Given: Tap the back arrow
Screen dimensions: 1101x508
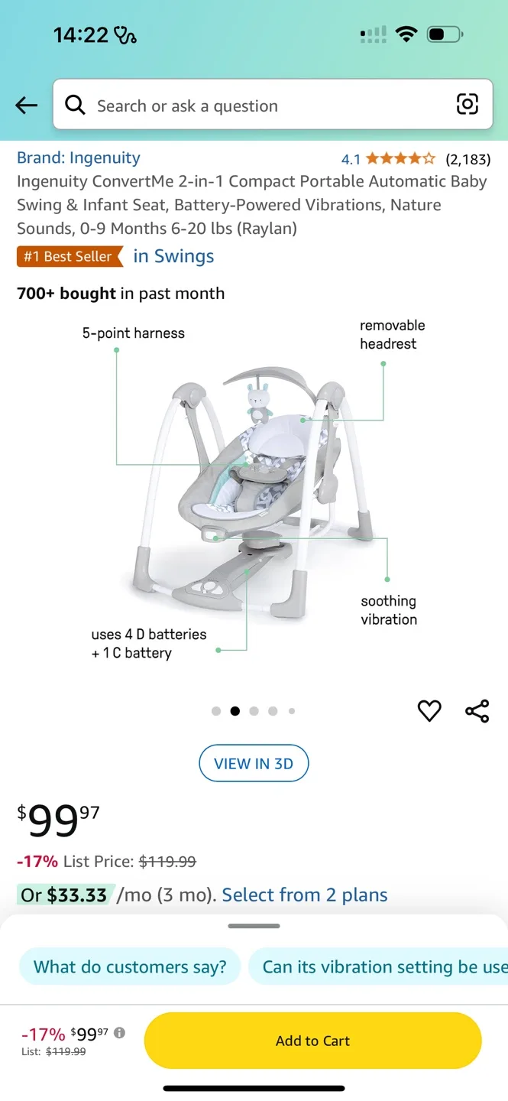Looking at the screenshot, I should (x=26, y=106).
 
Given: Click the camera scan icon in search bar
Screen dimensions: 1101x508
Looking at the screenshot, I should (x=467, y=104).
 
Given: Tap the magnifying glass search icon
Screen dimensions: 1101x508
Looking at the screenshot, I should (x=75, y=105).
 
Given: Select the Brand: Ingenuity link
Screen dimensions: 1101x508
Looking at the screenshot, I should (x=79, y=158).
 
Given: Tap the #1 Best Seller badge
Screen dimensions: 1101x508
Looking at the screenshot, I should (x=69, y=256).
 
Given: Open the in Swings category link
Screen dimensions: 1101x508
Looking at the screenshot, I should (x=173, y=256).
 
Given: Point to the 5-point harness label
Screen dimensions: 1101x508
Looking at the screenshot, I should (x=134, y=333).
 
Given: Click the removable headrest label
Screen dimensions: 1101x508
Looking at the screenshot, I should (x=392, y=334).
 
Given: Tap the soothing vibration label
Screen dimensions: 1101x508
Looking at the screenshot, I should (x=389, y=610).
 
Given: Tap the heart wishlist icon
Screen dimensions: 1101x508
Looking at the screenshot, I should (x=429, y=711).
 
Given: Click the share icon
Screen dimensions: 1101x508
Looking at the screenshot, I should (x=477, y=711).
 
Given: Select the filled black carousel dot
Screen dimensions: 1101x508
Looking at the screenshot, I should (x=235, y=711).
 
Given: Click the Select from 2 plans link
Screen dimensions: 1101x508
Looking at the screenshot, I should (x=305, y=895).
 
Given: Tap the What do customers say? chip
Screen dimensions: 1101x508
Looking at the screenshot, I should (x=130, y=966).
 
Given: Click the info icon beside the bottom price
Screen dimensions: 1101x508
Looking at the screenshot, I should (x=119, y=1033).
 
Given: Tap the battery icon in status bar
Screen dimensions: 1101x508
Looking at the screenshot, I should (x=444, y=34).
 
